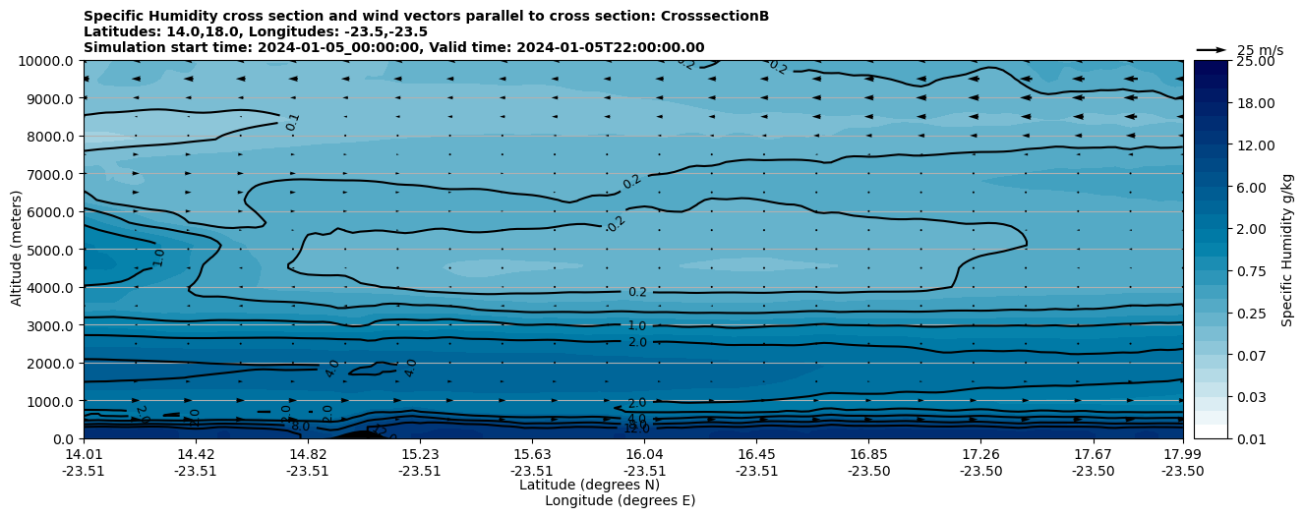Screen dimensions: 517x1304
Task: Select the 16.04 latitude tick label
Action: pos(644,454)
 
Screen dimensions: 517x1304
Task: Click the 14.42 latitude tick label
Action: pos(196,454)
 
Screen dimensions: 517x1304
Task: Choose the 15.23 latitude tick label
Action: pos(420,454)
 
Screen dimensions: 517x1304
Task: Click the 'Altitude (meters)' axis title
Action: pos(17,250)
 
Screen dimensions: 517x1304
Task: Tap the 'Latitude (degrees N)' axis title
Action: pos(589,485)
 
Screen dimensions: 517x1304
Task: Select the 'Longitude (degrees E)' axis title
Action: pos(620,500)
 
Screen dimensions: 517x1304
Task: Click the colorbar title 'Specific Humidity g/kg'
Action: pos(1287,250)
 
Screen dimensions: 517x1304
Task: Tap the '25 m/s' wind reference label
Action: pos(1260,50)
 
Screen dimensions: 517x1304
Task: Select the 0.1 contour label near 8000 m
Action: pos(292,122)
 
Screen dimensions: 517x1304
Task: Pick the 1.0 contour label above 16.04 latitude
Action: pos(637,325)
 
